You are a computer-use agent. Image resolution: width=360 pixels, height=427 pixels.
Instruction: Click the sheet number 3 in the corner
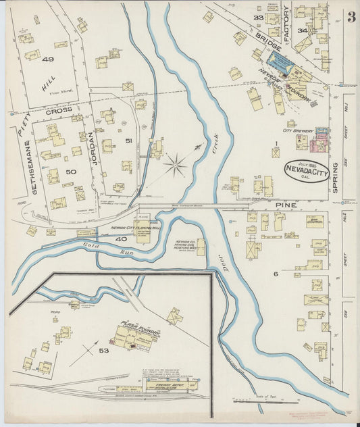pyautogui.click(x=351, y=18)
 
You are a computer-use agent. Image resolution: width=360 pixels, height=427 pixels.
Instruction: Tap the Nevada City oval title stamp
pyautogui.click(x=306, y=171)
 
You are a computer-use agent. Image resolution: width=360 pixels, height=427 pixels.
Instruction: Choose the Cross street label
pyautogui.click(x=59, y=110)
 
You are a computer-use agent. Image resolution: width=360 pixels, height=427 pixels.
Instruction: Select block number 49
pyautogui.click(x=47, y=59)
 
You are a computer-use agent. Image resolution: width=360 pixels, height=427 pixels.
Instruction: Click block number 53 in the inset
pyautogui.click(x=103, y=351)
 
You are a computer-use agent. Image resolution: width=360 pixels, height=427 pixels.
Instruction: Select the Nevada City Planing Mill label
pyautogui.click(x=135, y=228)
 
